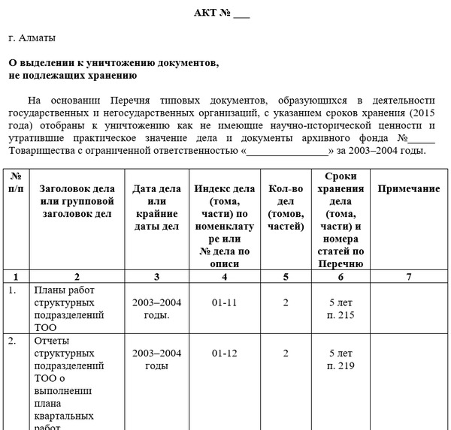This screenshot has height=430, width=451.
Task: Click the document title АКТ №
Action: click(x=222, y=14)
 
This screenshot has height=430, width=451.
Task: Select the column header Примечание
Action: click(x=408, y=189)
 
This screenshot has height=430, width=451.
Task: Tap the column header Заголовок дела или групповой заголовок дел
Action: click(x=76, y=201)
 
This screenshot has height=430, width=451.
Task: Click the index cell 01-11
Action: click(x=225, y=303)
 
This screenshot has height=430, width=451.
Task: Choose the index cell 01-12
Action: click(x=225, y=353)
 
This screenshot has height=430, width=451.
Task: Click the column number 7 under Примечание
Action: click(x=408, y=276)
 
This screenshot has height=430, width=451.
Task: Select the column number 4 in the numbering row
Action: click(x=225, y=276)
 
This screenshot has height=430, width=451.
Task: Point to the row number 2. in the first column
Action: click(x=13, y=341)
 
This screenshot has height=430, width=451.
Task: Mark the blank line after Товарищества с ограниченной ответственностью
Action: click(x=289, y=151)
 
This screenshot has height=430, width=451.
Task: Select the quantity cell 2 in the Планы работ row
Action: click(x=286, y=303)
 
